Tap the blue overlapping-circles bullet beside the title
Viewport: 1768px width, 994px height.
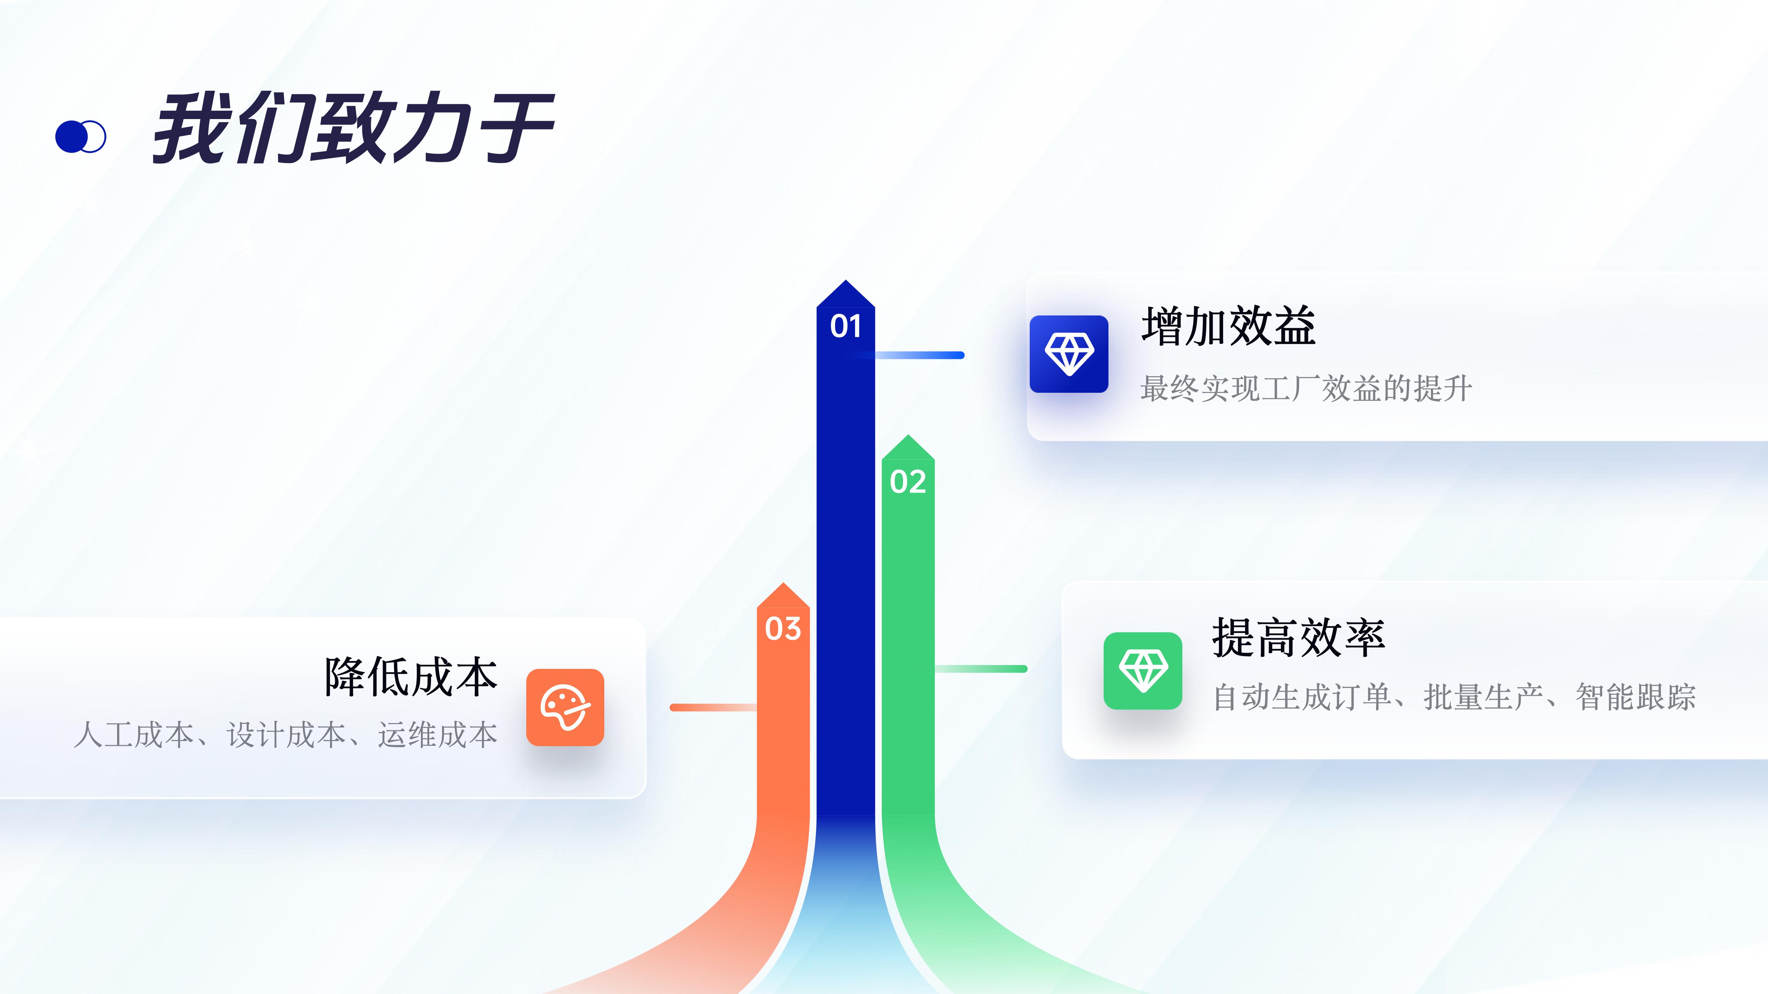[80, 137]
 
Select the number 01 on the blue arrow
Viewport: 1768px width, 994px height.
[846, 326]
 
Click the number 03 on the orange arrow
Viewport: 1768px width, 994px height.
[783, 628]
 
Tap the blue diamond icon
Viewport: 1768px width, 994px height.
[1069, 354]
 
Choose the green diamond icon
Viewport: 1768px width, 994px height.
[1143, 670]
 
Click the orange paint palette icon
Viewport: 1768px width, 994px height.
[565, 707]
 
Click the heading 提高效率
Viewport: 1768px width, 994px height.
[1298, 637]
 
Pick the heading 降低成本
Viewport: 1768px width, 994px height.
[411, 676]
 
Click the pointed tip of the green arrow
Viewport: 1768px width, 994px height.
[908, 435]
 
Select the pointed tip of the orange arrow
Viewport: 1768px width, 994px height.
[783, 583]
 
